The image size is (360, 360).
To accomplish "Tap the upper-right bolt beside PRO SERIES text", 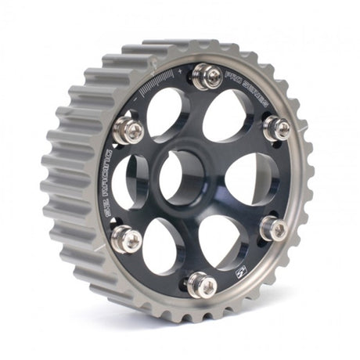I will click(276, 128).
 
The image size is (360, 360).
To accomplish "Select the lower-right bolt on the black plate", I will click(272, 229).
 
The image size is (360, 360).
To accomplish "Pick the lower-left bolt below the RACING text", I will click(127, 239).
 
